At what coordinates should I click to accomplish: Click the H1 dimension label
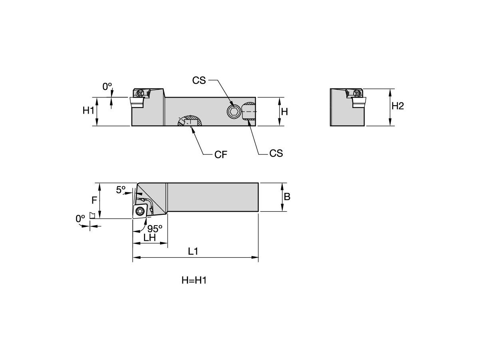coord(88,111)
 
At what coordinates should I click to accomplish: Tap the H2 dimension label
coord(397,106)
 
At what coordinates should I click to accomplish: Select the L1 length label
coord(193,252)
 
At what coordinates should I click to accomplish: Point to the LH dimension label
coord(149,238)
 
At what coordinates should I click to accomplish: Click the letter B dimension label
coord(287,197)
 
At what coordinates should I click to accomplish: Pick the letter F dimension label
coord(94,200)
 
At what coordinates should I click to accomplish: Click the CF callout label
coord(221,155)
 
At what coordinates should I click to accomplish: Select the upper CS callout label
coord(199,80)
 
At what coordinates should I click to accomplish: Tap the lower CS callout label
coord(276,154)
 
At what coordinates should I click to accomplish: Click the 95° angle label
coord(155,229)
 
